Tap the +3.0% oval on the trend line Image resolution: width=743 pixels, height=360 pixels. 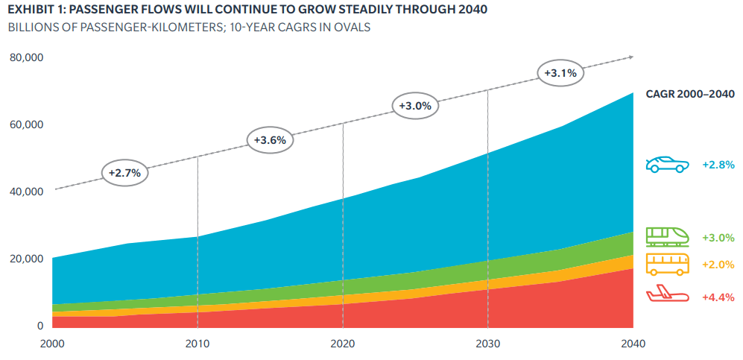coord(415,107)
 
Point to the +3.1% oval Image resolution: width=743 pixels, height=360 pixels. coord(560,74)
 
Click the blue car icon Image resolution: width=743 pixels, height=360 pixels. coord(667,165)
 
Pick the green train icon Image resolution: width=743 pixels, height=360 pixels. coord(667,236)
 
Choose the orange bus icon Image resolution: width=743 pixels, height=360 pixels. coord(667,265)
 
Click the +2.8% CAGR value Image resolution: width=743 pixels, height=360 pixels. coord(718,165)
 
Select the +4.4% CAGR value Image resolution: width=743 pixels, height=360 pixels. coord(718,297)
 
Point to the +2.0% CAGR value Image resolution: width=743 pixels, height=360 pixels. coord(718,265)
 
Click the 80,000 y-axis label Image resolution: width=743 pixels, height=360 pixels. coord(27,58)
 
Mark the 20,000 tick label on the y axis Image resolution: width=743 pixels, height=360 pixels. coord(27,259)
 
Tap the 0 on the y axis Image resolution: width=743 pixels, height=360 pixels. coord(41,326)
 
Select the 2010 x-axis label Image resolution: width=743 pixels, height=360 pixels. coord(197,342)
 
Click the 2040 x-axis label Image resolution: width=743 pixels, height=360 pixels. coord(633,342)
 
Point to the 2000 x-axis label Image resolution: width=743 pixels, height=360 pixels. coord(53,342)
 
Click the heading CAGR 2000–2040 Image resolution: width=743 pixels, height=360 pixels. coord(690,94)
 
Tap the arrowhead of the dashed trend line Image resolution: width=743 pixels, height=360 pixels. coord(630,57)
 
